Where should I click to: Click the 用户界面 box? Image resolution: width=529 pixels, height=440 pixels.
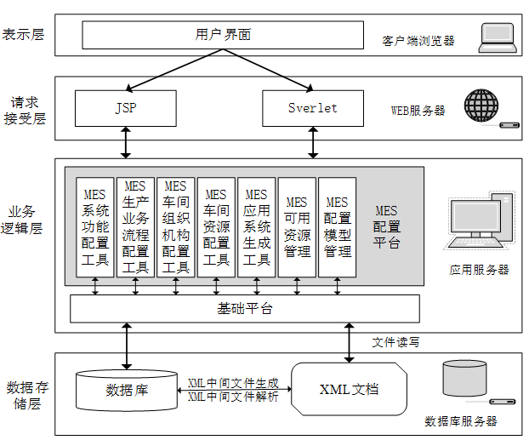pyautogui.click(x=224, y=36)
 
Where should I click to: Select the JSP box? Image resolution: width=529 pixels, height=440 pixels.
pyautogui.click(x=126, y=108)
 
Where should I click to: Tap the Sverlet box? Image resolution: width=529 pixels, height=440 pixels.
pyautogui.click(x=312, y=108)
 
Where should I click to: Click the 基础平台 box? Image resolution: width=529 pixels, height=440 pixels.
pyautogui.click(x=244, y=308)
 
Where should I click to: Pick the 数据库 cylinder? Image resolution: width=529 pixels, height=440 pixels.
pyautogui.click(x=127, y=390)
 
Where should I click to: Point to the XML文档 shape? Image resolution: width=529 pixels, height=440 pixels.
pyautogui.click(x=349, y=390)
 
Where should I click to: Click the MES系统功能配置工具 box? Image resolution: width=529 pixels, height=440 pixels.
pyautogui.click(x=94, y=227)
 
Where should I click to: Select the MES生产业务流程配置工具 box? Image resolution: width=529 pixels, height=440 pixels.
pyautogui.click(x=135, y=227)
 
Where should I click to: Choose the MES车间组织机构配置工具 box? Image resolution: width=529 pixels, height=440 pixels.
pyautogui.click(x=175, y=227)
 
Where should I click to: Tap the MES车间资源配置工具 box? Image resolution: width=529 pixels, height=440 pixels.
pyautogui.click(x=216, y=227)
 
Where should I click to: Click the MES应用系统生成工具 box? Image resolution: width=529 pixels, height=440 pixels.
pyautogui.click(x=256, y=227)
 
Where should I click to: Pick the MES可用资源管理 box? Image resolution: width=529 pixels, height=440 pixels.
pyautogui.click(x=297, y=227)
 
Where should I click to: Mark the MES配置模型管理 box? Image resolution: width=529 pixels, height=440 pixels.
pyautogui.click(x=337, y=227)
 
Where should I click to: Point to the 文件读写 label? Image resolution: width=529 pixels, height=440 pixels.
pyautogui.click(x=395, y=342)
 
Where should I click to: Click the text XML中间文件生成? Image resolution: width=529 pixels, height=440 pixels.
pyautogui.click(x=232, y=383)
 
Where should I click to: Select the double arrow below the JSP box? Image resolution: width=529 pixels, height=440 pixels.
pyautogui.click(x=126, y=142)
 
